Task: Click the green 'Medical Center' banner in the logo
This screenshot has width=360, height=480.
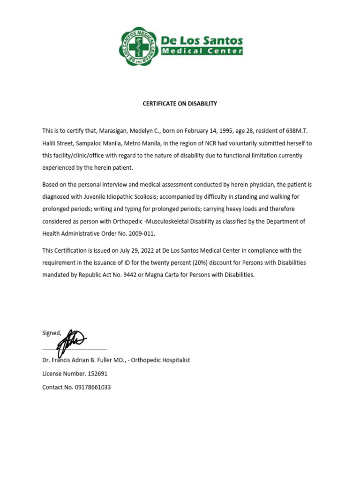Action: click(202, 51)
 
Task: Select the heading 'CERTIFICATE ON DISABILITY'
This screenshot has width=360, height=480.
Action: click(180, 104)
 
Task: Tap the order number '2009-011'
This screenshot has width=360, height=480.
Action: click(143, 233)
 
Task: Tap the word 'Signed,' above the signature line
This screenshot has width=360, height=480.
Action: click(52, 333)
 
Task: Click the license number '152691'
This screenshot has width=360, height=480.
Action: click(97, 374)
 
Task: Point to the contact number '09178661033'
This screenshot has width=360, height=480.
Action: click(93, 387)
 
